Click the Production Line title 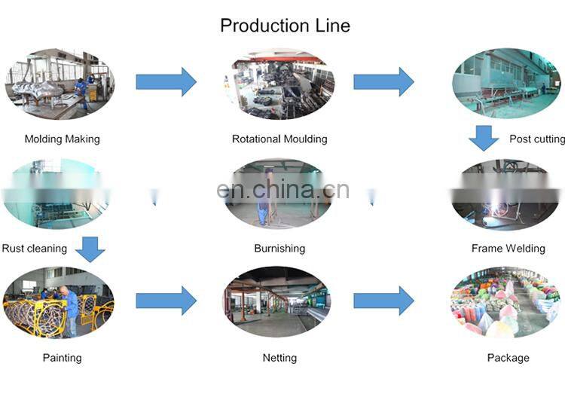point(285,26)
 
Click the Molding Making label point(62,139)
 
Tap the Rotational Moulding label point(279,139)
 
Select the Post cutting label point(536,139)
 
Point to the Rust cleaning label point(34,249)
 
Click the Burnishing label point(279,249)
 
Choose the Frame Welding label point(508,249)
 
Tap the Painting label point(62,358)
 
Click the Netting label point(279,358)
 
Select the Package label point(508,358)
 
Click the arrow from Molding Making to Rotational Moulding point(166,81)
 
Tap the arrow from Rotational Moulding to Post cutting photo point(383,81)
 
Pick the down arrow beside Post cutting point(484,139)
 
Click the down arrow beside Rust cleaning point(90,249)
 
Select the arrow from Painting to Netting point(166,301)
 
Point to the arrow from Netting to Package point(383,301)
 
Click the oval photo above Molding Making point(60,84)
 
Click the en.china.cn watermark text point(282,190)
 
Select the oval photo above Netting point(276,301)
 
